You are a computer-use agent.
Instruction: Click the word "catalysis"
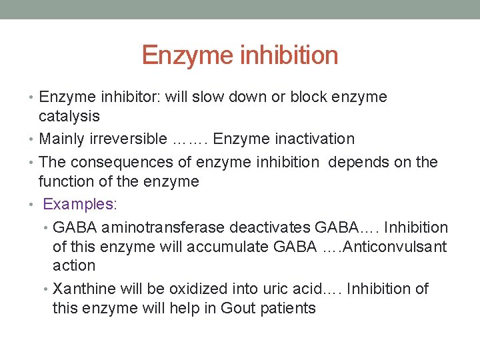click(69, 117)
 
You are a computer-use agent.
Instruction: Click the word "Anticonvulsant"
click(394, 247)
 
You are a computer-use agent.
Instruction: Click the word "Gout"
click(239, 308)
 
